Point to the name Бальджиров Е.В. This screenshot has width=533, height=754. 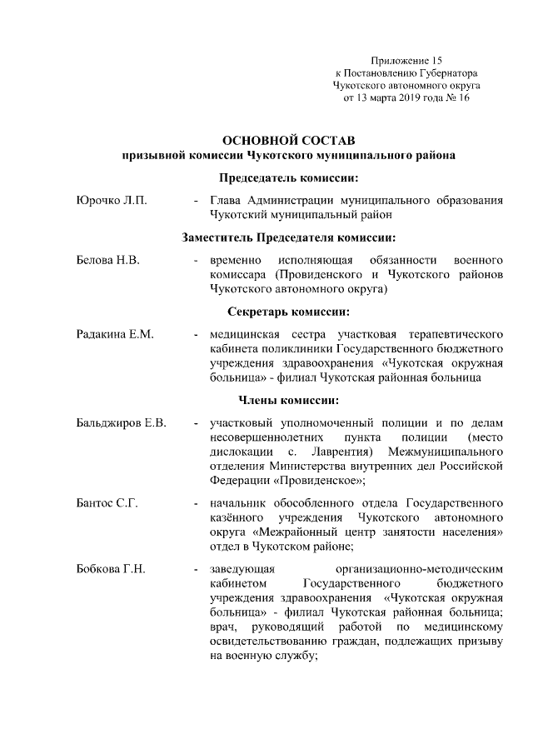122,423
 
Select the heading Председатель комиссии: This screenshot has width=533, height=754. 289,177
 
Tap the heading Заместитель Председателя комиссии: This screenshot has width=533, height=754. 289,237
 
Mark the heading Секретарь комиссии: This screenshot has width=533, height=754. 289,312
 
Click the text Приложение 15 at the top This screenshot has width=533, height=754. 406,60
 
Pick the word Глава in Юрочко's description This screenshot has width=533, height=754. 225,200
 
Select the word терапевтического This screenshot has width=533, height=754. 451,335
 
